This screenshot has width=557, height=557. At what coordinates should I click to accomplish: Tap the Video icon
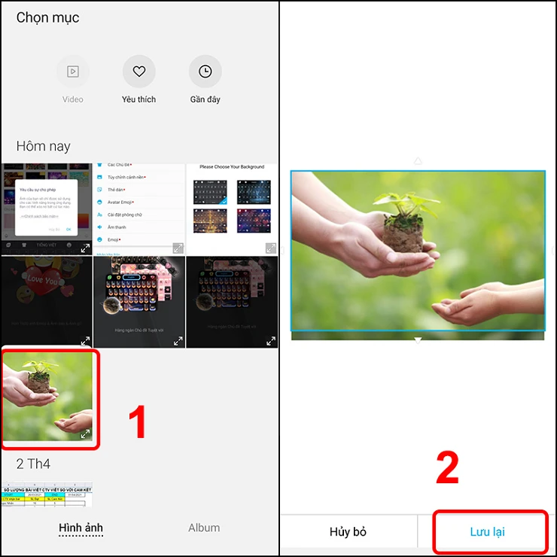pos(73,72)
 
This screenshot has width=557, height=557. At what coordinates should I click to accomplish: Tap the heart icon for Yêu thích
pos(138,72)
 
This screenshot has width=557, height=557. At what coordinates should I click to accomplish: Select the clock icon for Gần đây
pos(205,72)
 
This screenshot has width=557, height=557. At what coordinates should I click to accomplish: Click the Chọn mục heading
pos(47,17)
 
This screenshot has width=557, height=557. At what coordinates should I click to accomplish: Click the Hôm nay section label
pos(43,146)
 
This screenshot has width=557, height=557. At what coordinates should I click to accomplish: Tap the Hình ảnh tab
pos(81,528)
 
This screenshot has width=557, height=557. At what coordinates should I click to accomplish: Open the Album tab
pos(204,528)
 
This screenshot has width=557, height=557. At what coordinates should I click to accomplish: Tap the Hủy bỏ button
pos(348,531)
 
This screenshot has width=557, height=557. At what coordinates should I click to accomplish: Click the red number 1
pos(135,422)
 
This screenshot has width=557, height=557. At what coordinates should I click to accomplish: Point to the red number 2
pos(447,468)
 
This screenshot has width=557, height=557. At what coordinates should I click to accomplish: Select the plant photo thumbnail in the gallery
pos(47,397)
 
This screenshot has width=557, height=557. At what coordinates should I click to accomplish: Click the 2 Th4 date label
pos(33,464)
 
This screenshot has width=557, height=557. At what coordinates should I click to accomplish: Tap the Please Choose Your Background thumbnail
pos(232,208)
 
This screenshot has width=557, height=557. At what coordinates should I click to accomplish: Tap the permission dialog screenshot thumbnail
pos(47,208)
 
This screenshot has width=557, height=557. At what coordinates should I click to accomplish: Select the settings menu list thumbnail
pos(138,208)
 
